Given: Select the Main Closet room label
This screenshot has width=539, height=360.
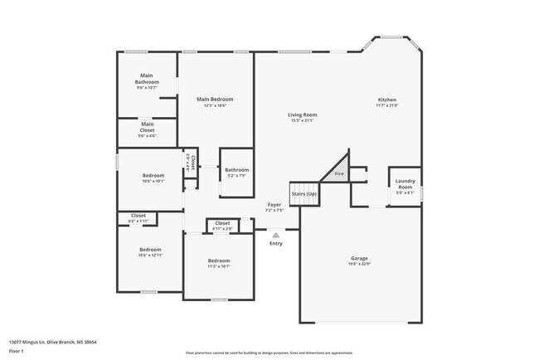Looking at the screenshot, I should [x=147, y=127].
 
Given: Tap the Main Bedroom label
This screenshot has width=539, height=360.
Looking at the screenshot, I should [x=216, y=100].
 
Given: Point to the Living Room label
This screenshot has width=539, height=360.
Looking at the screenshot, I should [x=303, y=114].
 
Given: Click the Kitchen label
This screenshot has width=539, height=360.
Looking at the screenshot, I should [x=387, y=100].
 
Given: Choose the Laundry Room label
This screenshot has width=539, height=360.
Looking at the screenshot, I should [x=405, y=184].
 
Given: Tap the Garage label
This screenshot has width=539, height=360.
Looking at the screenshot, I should [x=359, y=258].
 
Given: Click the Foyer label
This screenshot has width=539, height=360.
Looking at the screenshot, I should [x=274, y=204].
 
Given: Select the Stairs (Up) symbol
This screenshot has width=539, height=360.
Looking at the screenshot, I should [x=303, y=194].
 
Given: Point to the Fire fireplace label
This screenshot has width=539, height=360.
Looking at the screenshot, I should [x=338, y=174].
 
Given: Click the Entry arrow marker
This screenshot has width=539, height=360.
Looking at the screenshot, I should [x=275, y=235].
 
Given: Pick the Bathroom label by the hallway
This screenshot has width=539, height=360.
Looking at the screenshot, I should [x=236, y=170].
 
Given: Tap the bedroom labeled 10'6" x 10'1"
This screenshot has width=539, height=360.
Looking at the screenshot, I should [x=153, y=176].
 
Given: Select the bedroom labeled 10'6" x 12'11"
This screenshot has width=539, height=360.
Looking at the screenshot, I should [x=150, y=250].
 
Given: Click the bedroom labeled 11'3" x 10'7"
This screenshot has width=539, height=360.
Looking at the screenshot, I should [x=218, y=261].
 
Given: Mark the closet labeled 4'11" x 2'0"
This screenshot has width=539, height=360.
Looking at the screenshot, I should [x=222, y=223].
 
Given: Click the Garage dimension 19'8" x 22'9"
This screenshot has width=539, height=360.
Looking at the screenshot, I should [x=359, y=265].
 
